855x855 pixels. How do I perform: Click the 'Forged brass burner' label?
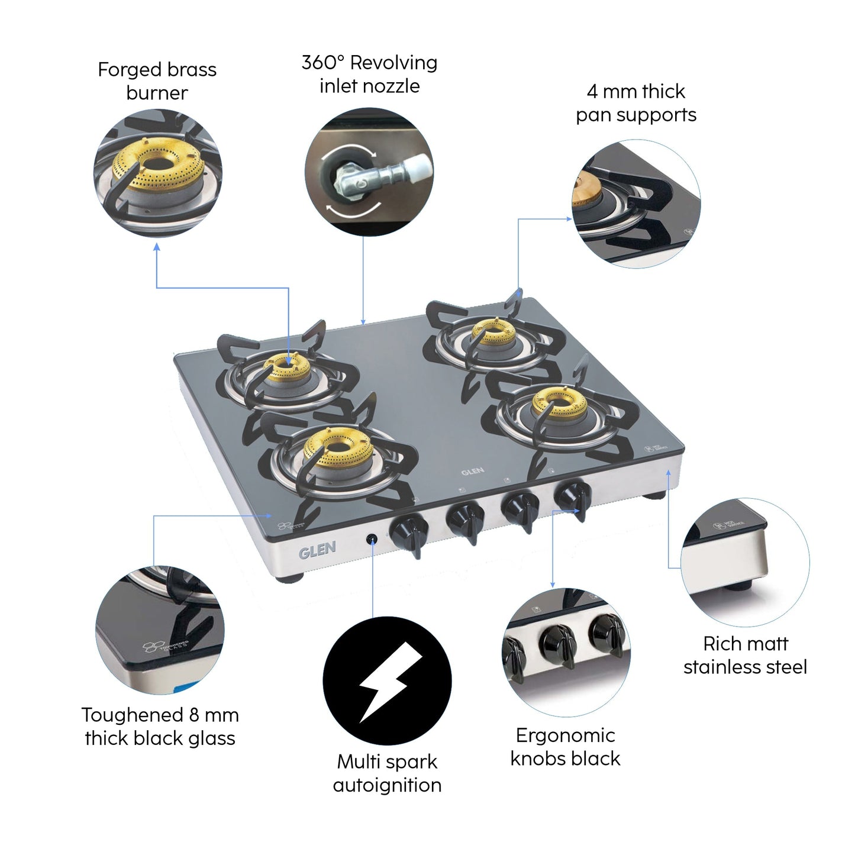157,81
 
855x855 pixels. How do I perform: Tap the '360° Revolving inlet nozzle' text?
369,74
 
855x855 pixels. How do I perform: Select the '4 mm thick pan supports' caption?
636,103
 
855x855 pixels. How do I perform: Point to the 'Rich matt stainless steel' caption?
745,655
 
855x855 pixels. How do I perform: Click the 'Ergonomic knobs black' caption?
565,747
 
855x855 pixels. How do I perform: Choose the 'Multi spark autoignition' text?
387,773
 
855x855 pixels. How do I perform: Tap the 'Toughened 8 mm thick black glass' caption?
160,727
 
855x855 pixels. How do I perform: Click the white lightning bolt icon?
388,681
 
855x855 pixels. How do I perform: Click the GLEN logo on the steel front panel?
317,550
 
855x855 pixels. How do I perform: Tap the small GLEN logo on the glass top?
472,472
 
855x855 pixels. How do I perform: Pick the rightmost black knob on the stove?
573,496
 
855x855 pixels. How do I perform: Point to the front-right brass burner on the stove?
551,401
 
